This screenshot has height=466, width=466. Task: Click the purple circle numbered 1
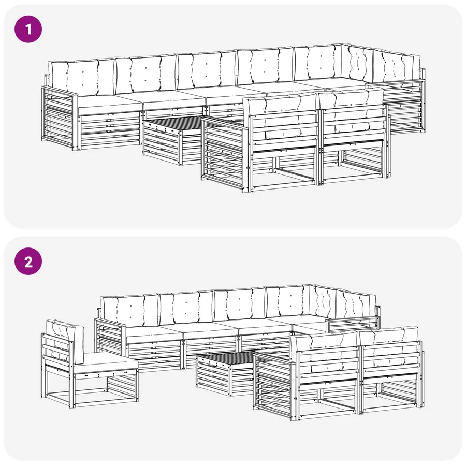pyautogui.click(x=28, y=29)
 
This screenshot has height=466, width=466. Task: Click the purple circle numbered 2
pyautogui.click(x=28, y=261)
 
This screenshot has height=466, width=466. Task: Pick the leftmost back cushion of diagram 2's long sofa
pyautogui.click(x=130, y=310)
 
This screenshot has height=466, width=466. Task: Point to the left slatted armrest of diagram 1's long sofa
pyautogui.click(x=60, y=118)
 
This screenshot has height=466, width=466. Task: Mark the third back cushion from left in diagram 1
pyautogui.click(x=207, y=70)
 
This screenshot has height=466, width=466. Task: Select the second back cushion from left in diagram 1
pyautogui.click(x=146, y=74)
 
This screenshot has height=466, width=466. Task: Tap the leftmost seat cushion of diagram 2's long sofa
pyautogui.click(x=154, y=335)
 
